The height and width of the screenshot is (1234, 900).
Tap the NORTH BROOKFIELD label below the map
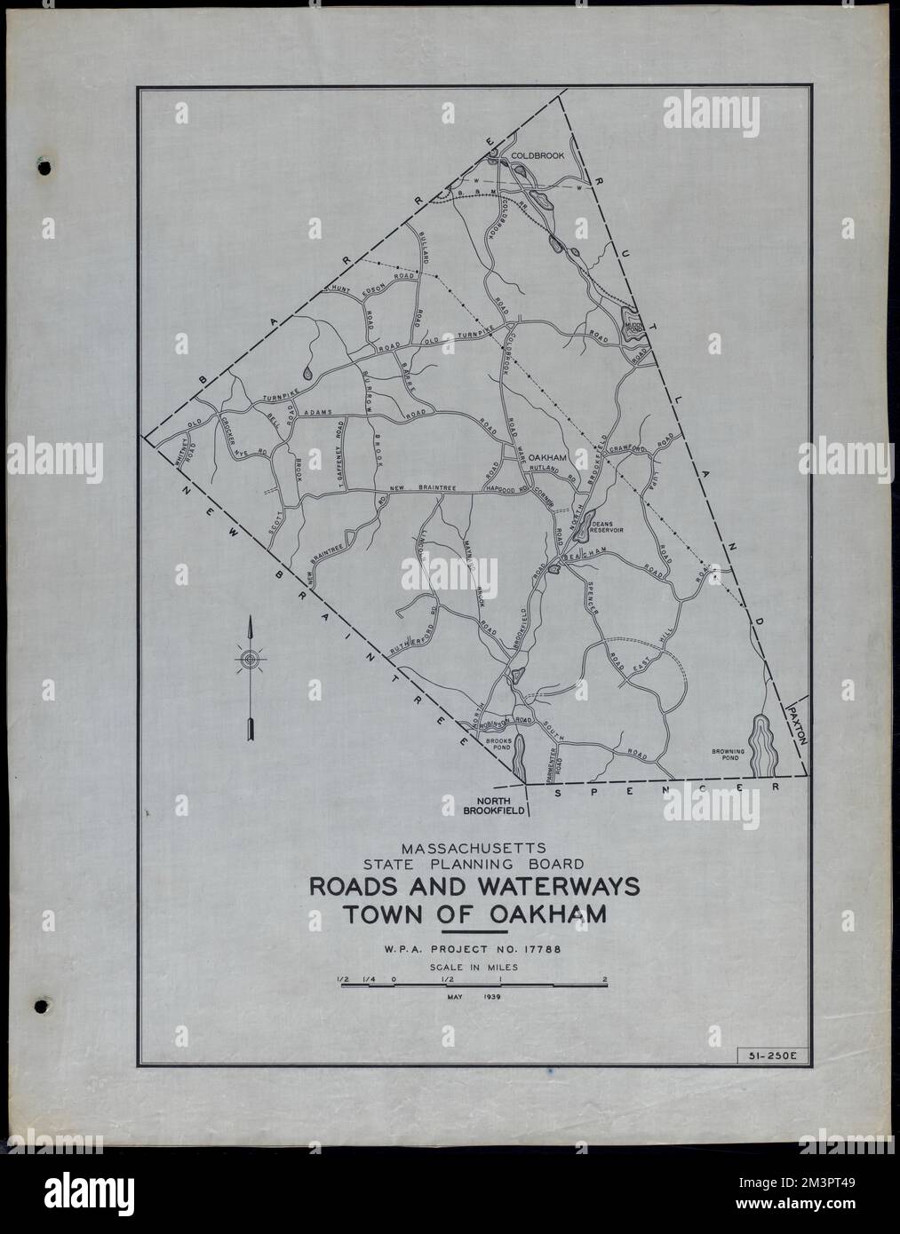tap(490, 803)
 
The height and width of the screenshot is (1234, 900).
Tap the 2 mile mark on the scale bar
tap(605, 980)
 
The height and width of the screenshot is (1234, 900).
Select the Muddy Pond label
tap(632, 327)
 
